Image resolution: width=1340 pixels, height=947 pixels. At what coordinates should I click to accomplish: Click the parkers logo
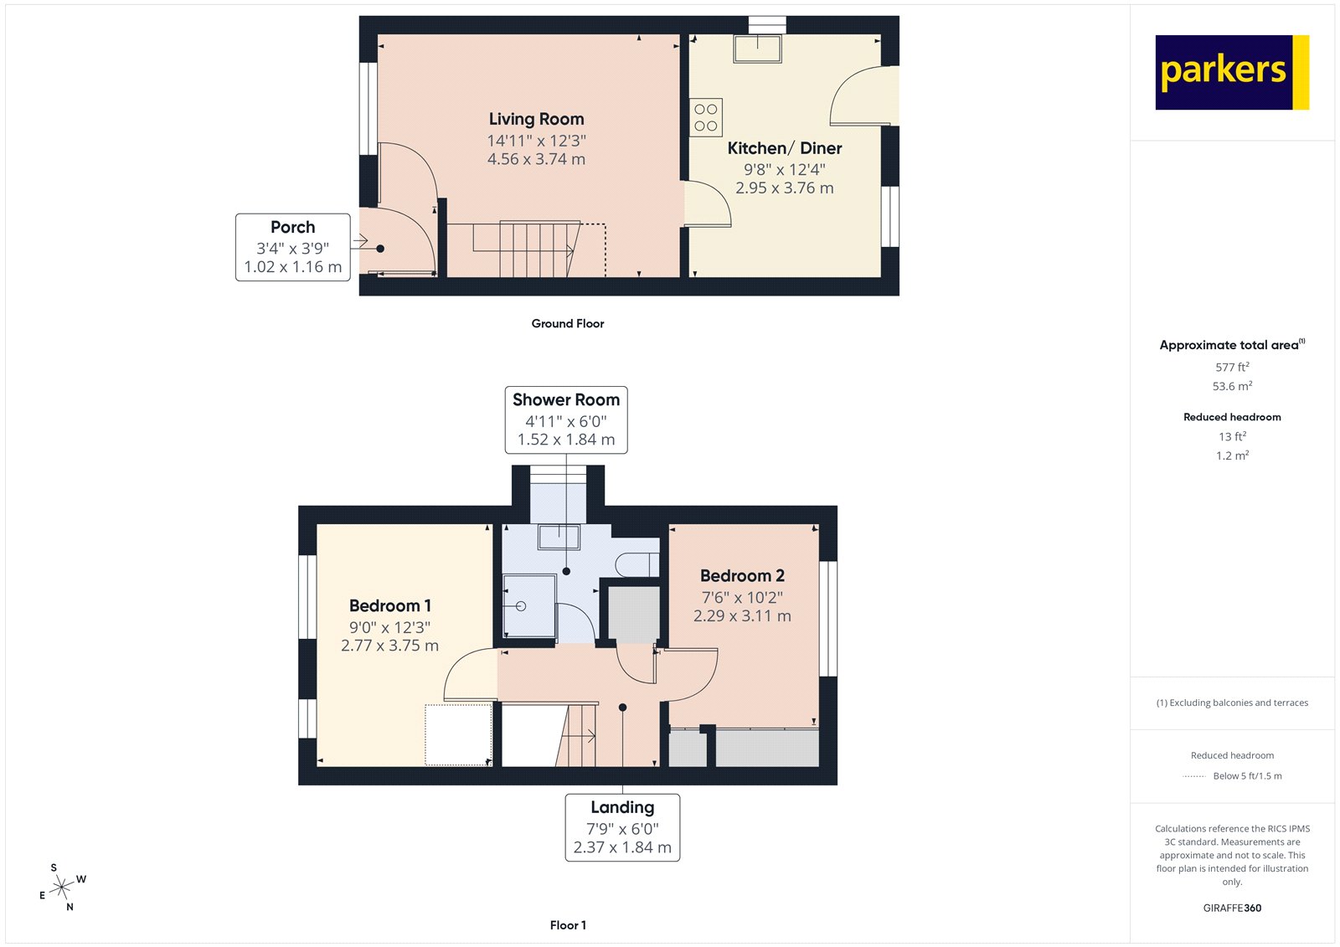pos(1231,72)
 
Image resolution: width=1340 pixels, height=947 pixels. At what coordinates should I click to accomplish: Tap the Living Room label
pos(536,120)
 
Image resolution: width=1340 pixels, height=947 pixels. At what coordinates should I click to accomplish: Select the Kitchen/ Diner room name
pos(784,148)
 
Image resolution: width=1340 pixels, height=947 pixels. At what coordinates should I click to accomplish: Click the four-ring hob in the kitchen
pos(706,117)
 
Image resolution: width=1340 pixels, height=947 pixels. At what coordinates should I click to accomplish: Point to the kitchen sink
pos(757,49)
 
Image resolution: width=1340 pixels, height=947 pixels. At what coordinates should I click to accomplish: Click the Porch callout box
pos(292,247)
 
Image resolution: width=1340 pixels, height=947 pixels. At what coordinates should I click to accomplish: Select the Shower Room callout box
pos(566,419)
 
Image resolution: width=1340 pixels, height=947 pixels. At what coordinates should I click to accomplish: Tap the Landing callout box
pos(622,827)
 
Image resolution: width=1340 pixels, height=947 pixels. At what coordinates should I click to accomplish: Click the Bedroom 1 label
pos(390,605)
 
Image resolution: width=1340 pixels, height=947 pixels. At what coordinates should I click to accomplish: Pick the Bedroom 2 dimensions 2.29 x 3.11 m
pos(742,616)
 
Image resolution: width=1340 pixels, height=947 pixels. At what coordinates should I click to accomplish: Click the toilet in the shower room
pos(637,565)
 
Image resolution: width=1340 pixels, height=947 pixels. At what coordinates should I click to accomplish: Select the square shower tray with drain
pos(528,605)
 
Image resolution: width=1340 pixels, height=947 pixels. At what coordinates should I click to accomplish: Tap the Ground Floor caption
pos(567,323)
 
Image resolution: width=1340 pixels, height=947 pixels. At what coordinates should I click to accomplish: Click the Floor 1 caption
pos(568,925)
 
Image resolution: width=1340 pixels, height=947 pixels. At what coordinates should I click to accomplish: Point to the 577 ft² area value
pos(1232,367)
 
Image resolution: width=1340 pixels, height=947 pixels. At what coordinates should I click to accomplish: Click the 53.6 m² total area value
pos(1232,386)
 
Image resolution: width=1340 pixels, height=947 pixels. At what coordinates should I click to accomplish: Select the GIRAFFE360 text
pos(1232,908)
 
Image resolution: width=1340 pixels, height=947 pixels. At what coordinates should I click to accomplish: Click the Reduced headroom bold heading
pos(1232,417)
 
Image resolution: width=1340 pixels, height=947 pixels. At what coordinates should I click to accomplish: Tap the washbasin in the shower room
pos(559,536)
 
